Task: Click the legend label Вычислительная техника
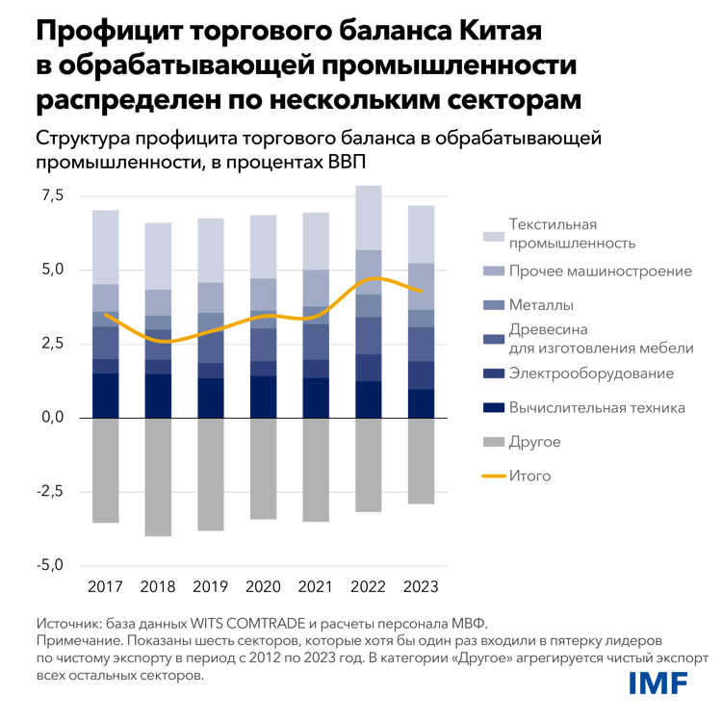[x=596, y=407]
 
